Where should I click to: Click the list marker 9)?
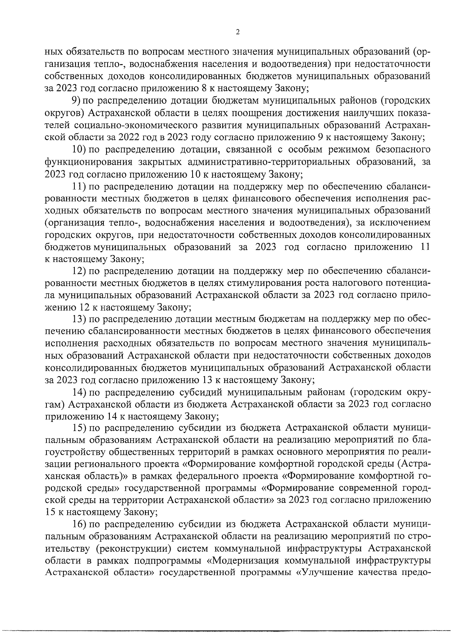click(77, 101)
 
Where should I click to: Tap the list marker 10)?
click(80, 150)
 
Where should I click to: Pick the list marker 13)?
click(80, 320)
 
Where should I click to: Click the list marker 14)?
click(80, 392)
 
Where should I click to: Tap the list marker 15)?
click(80, 429)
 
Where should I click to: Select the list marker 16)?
click(80, 526)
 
